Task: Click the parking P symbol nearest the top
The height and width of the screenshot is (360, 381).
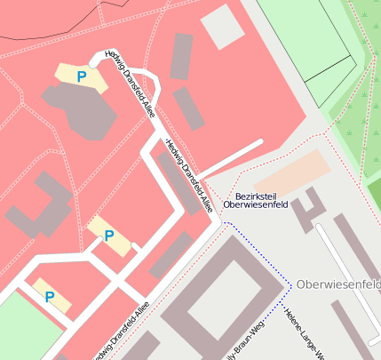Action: click(82, 77)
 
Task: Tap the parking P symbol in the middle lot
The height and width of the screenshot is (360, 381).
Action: click(109, 236)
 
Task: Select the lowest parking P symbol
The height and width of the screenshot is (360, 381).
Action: click(50, 297)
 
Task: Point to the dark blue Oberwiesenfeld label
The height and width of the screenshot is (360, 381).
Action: click(256, 204)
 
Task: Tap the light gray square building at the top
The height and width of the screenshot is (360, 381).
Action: click(222, 28)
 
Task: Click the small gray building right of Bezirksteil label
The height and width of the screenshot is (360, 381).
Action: click(310, 209)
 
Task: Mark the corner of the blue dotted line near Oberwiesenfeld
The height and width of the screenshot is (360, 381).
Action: click(290, 285)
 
